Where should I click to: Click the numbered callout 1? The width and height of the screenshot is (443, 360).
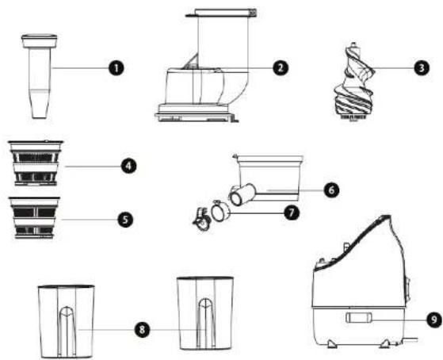[x=116, y=69]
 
